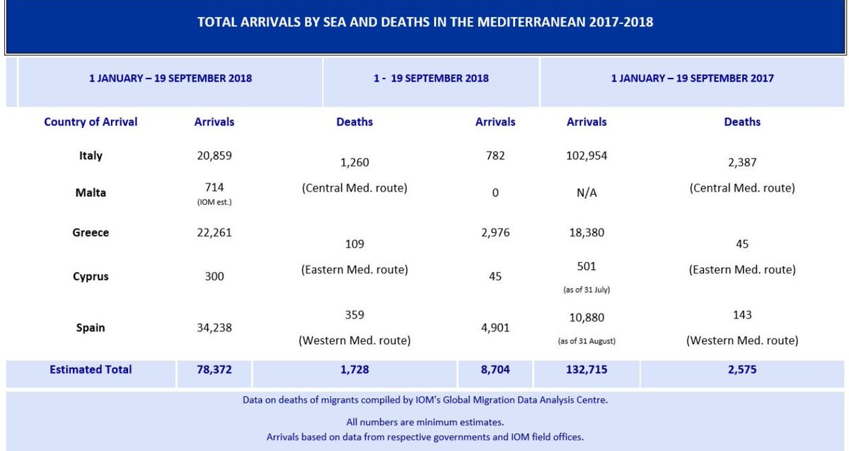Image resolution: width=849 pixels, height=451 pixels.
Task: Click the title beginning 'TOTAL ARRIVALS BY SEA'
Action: pos(424,22)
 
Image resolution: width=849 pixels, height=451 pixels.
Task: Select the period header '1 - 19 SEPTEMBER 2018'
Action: pos(431,78)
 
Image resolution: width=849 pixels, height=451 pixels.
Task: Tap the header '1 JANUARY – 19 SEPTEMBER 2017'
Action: pos(692,78)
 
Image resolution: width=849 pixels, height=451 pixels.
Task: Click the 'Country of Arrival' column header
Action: pos(91,122)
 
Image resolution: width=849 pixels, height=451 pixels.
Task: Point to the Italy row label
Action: pos(91,156)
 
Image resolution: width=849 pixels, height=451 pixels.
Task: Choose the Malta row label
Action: pos(91,193)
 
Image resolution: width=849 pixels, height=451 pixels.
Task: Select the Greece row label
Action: pos(91,232)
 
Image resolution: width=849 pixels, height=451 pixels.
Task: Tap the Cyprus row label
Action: pos(91,276)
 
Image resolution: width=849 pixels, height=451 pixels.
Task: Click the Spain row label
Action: pos(91,328)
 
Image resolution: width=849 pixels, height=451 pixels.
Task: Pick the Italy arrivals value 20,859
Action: pos(214,156)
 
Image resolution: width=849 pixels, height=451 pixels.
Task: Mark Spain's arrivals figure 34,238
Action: pos(214,328)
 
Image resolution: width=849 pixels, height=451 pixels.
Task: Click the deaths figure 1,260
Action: pos(354,163)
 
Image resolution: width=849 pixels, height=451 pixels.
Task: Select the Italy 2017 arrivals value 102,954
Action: pos(587,156)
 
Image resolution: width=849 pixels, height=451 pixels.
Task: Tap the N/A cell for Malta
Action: pos(587,193)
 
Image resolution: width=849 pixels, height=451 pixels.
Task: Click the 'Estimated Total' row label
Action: pos(91,370)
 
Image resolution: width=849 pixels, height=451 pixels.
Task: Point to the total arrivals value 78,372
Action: pos(214,370)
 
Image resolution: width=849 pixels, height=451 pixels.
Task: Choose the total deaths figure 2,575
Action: pos(742,370)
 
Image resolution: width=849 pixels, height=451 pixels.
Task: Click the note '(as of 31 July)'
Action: pos(587,290)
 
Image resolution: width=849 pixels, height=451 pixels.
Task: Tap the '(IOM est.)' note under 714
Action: pos(214,202)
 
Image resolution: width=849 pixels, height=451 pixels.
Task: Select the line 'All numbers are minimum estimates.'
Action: pos(424,422)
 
